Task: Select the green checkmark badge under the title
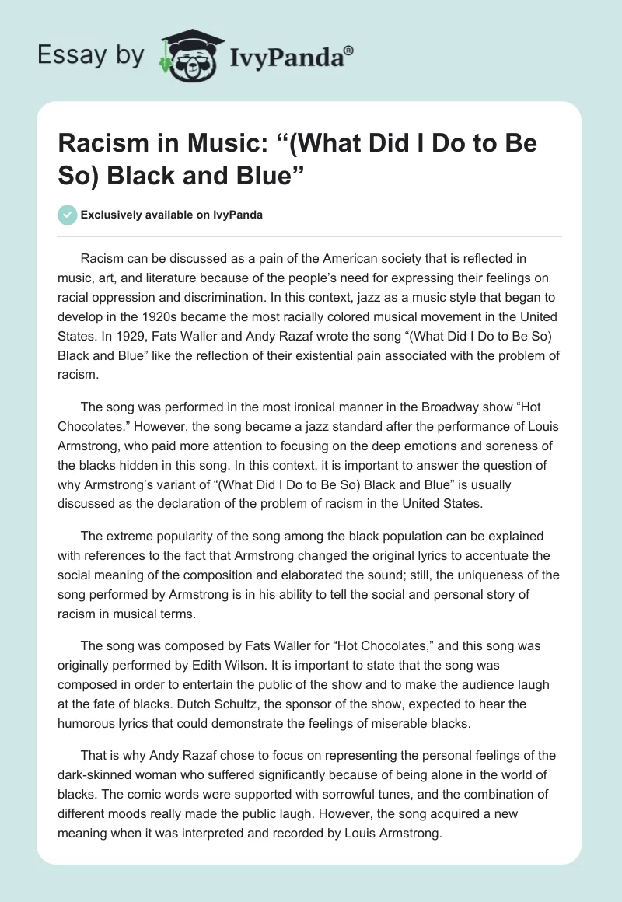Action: tap(68, 215)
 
